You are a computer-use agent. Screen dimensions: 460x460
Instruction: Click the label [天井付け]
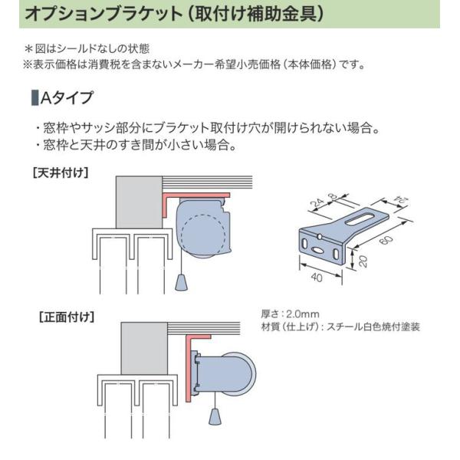(x=60, y=172)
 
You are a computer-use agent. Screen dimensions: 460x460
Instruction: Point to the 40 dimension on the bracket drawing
(x=316, y=275)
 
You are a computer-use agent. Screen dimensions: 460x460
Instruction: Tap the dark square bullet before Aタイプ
(x=33, y=98)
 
